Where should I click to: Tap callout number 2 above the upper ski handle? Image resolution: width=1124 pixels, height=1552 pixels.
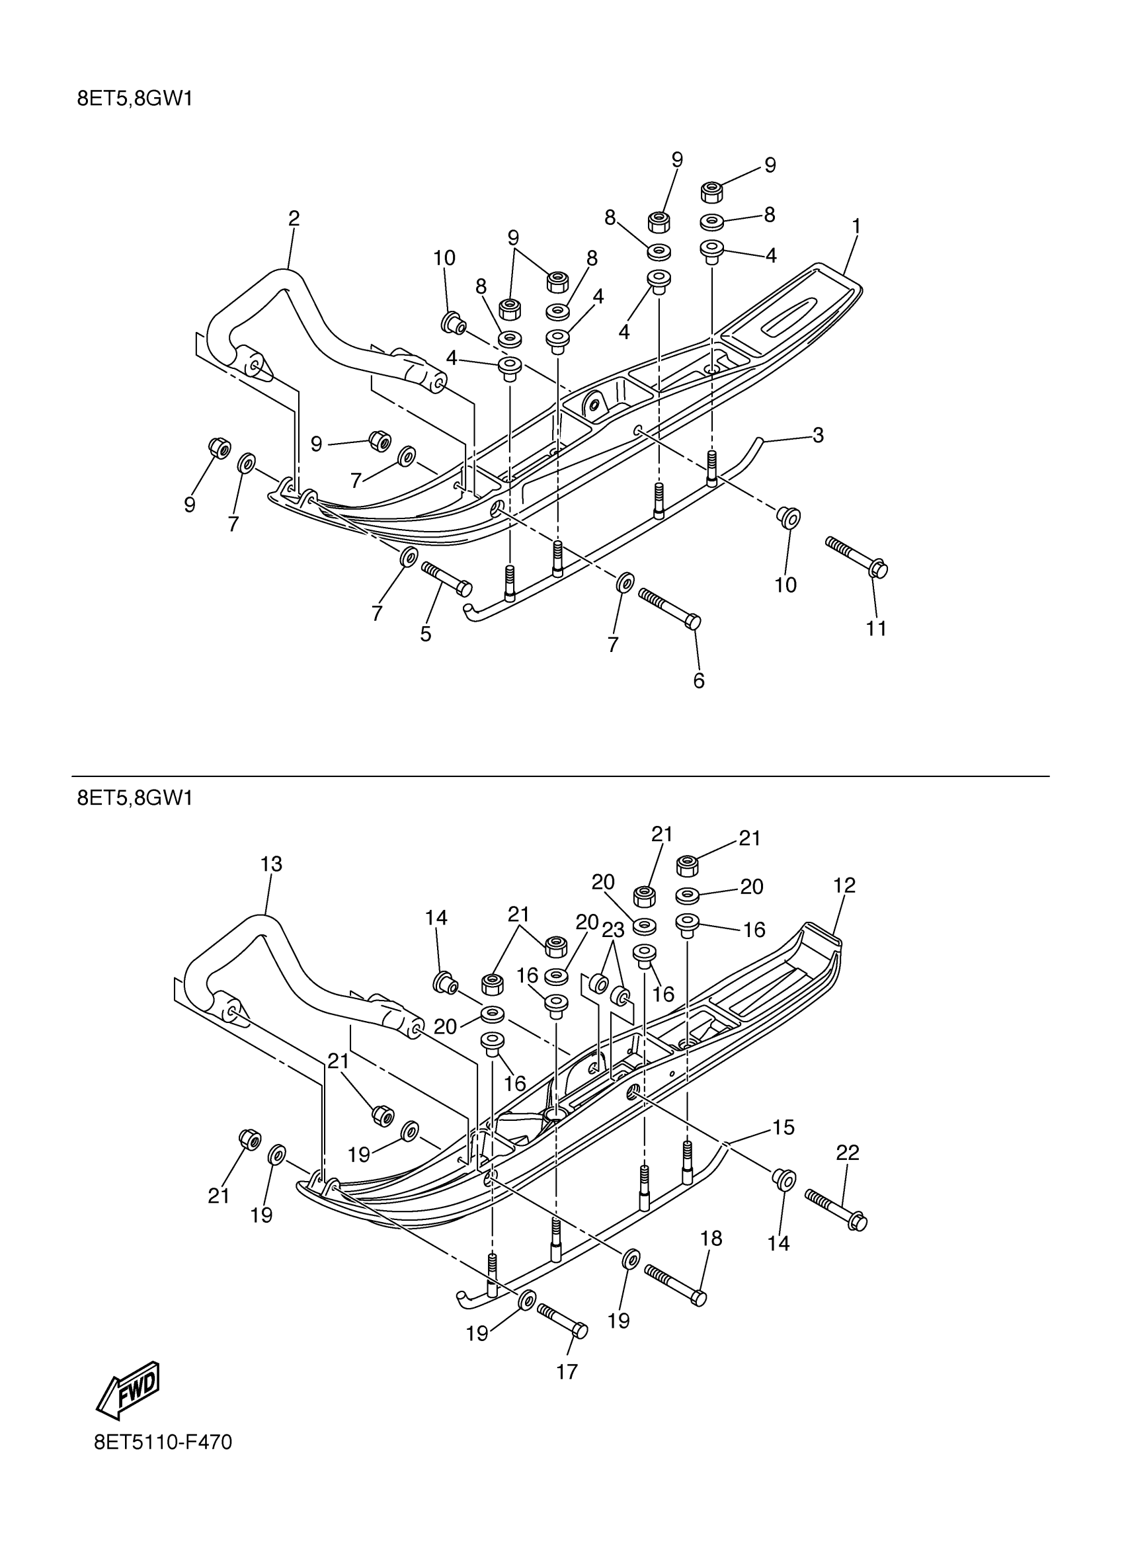pyautogui.click(x=294, y=218)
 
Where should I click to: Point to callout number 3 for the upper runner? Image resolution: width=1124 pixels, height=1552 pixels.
pyautogui.click(x=817, y=434)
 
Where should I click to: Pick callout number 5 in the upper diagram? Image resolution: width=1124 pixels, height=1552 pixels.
pyautogui.click(x=426, y=634)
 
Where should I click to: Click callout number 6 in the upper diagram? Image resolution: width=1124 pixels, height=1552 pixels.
pyautogui.click(x=698, y=680)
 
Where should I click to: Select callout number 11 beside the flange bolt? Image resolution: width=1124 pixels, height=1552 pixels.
pyautogui.click(x=876, y=628)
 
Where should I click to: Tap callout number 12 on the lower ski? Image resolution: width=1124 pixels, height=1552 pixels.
pyautogui.click(x=844, y=885)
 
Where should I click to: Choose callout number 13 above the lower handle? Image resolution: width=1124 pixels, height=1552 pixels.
pyautogui.click(x=271, y=864)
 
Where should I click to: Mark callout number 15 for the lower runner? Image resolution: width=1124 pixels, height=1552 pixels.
pyautogui.click(x=783, y=1127)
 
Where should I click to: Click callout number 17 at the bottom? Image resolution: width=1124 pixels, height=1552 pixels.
pyautogui.click(x=567, y=1371)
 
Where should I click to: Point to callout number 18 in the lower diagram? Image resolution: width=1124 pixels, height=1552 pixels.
pyautogui.click(x=711, y=1239)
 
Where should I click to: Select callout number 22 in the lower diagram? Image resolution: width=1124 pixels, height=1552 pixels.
pyautogui.click(x=847, y=1153)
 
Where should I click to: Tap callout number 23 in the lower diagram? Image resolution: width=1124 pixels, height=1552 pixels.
pyautogui.click(x=613, y=930)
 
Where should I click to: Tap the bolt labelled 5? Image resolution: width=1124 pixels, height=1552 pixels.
pyautogui.click(x=447, y=577)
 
